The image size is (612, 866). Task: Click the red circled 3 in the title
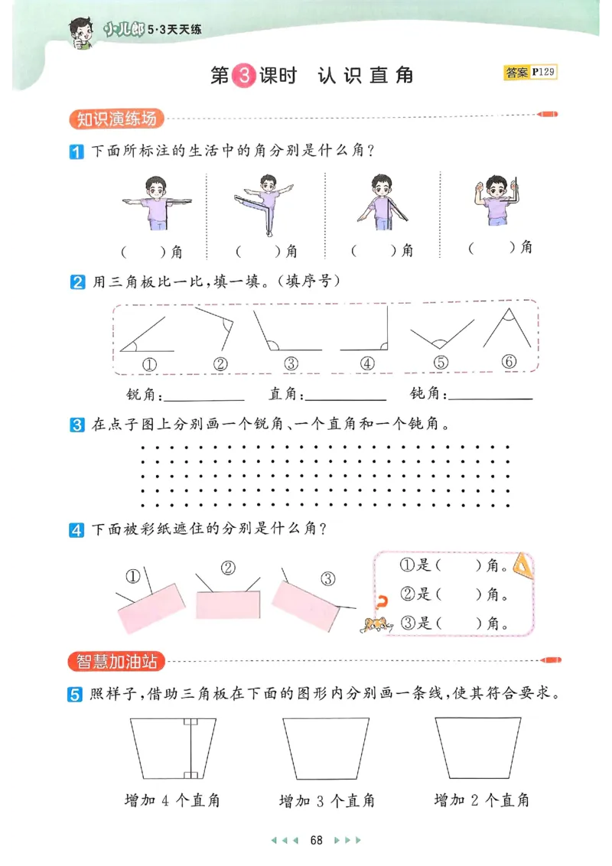[x=241, y=75]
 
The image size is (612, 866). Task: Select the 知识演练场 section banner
[x=116, y=119]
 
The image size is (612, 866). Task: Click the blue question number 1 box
[x=76, y=151]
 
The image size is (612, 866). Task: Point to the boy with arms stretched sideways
[x=158, y=200]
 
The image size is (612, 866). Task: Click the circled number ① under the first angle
[x=151, y=364]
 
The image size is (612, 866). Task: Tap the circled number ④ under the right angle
[x=367, y=364]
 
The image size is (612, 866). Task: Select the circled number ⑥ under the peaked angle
[x=509, y=362]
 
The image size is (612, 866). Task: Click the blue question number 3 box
[x=76, y=425]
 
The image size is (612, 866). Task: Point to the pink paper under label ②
[x=227, y=604]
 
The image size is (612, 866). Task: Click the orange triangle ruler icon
[x=522, y=565]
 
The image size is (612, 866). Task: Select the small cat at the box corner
[x=375, y=625]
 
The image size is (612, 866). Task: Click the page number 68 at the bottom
[x=316, y=840]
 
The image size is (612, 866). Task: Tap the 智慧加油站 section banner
[x=116, y=659]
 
